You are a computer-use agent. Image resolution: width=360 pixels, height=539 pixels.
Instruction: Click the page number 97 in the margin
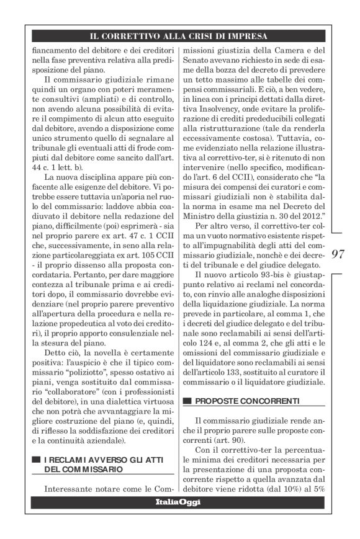point(339,254)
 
